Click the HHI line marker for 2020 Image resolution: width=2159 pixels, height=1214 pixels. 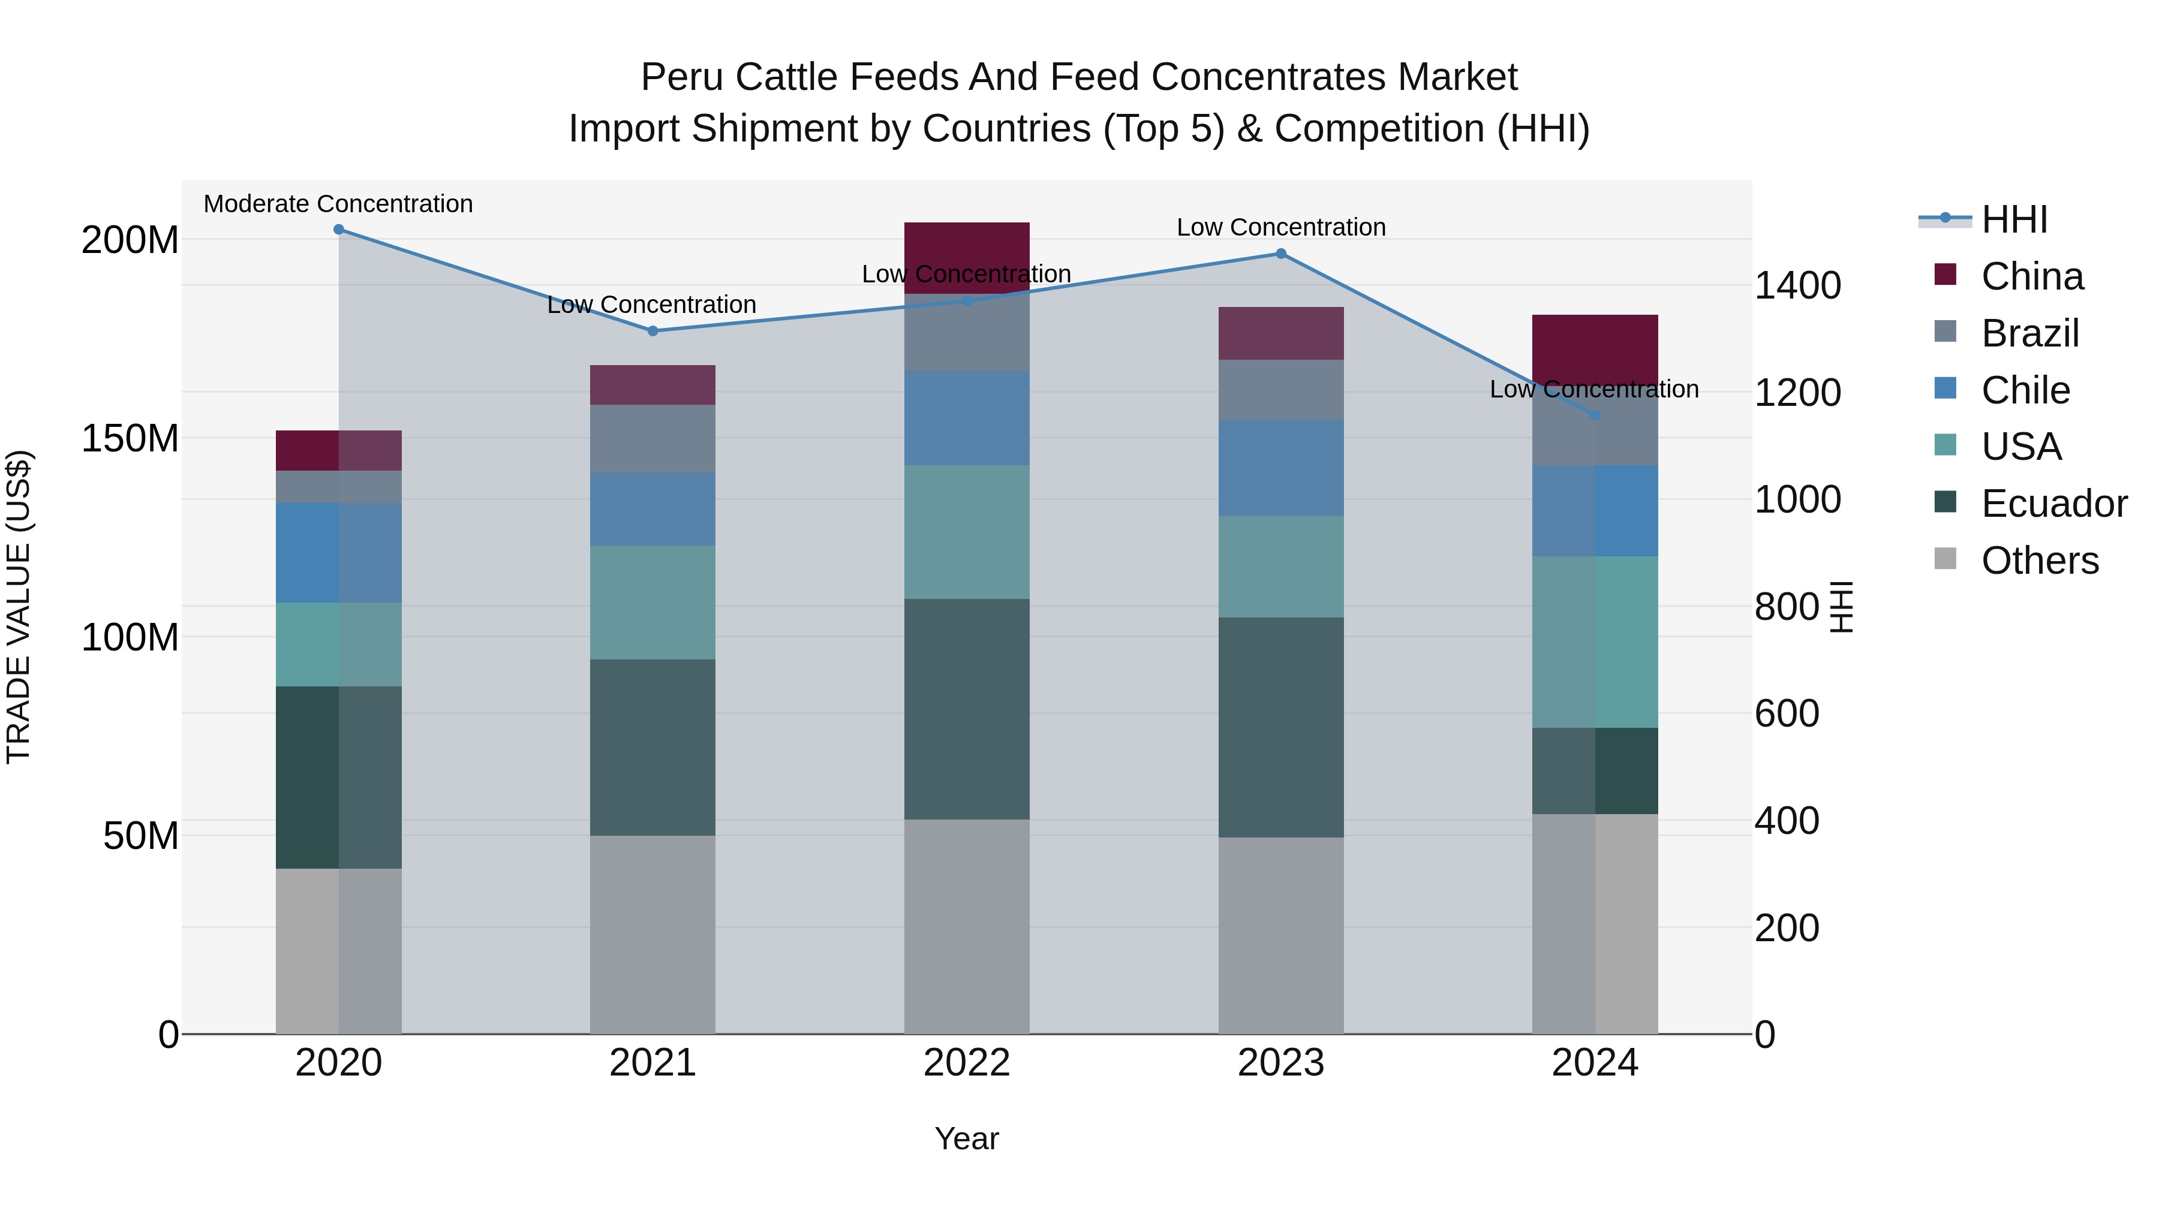pyautogui.click(x=339, y=230)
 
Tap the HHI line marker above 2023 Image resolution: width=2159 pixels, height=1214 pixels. pyautogui.click(x=1280, y=254)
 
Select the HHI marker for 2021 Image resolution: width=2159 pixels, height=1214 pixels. pyautogui.click(x=653, y=331)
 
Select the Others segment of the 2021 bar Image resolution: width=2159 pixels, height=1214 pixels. pyautogui.click(x=653, y=934)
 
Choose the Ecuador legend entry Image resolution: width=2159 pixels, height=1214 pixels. pyautogui.click(x=2053, y=504)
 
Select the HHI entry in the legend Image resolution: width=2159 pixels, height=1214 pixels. pyautogui.click(x=2013, y=219)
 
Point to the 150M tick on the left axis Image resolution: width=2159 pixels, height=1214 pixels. pyautogui.click(x=130, y=439)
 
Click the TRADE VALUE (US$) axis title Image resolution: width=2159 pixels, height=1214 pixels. pyautogui.click(x=19, y=607)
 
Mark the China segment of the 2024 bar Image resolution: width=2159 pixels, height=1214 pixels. pyautogui.click(x=1595, y=348)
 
